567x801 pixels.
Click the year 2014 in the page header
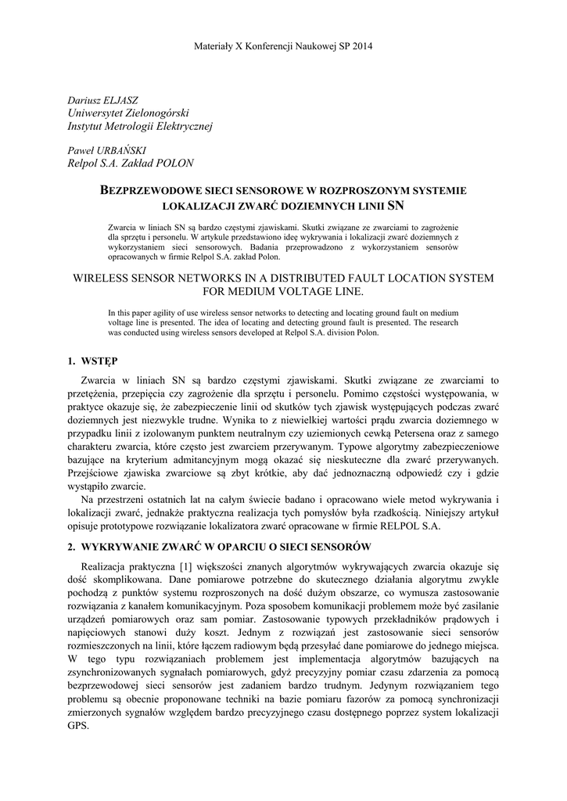[x=361, y=46]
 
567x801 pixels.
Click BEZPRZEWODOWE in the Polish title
[x=149, y=190]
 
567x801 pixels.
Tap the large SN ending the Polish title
[x=397, y=206]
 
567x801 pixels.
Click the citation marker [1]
[x=185, y=566]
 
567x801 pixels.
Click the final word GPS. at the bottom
[x=80, y=725]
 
